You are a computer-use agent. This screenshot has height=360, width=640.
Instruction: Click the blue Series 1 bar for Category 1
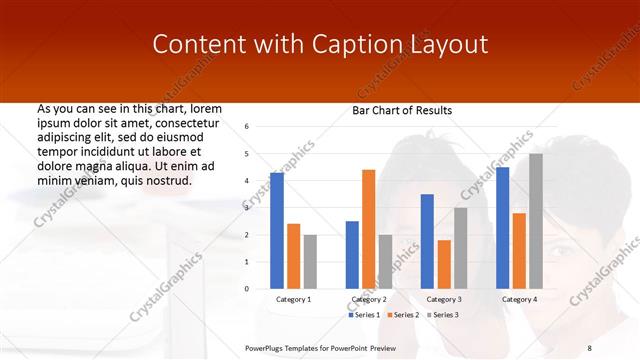[277, 231]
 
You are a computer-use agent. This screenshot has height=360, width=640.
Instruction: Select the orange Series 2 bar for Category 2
[369, 229]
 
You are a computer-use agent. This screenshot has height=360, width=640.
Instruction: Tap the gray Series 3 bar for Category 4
[536, 221]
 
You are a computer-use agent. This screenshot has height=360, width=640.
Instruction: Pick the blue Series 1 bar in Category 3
[427, 241]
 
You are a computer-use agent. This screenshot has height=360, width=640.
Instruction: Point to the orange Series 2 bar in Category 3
[444, 264]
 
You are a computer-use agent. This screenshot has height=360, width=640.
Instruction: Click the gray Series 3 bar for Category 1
[310, 262]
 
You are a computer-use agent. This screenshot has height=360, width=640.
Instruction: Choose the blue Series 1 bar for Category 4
[502, 228]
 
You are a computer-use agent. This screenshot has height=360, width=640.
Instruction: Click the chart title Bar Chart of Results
[402, 110]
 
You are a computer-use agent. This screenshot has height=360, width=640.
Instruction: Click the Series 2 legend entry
[403, 315]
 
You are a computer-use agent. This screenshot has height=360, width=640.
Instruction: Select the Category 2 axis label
[369, 299]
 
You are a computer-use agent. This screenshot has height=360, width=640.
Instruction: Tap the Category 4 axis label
[519, 299]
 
